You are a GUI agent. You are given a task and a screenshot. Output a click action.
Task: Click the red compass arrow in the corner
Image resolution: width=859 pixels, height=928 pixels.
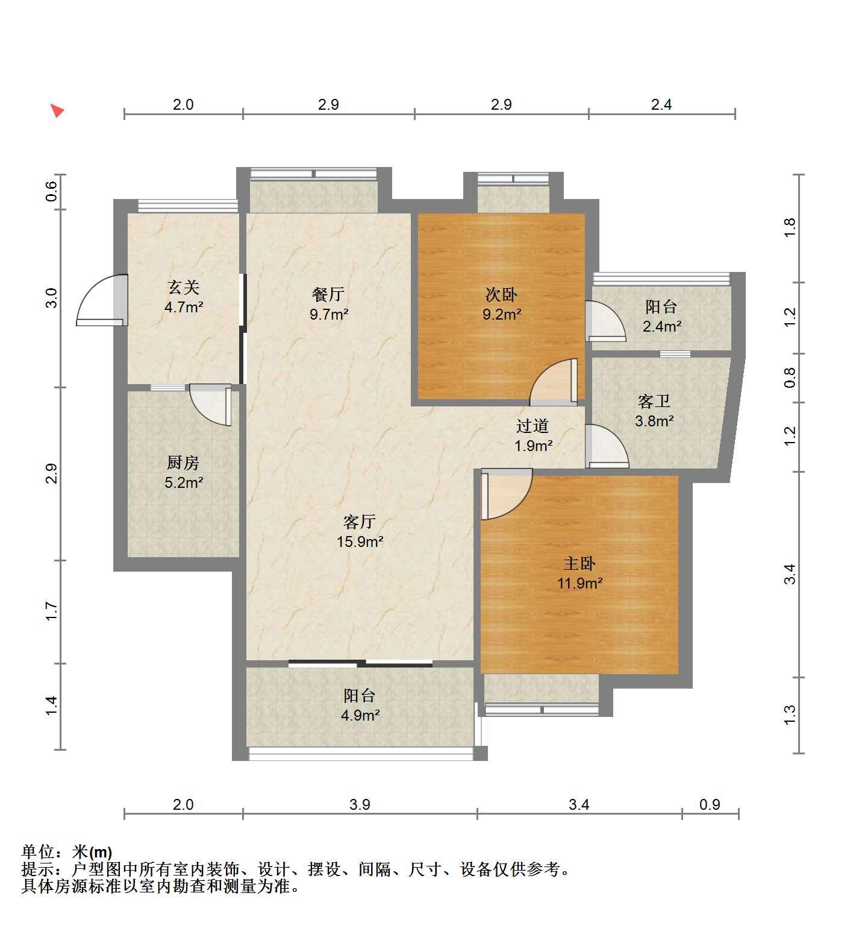tap(57, 110)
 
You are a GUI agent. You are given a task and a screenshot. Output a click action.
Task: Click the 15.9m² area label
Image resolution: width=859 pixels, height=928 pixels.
tap(360, 541)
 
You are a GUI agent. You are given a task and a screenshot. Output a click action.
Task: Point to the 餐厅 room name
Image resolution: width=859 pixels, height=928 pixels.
tap(328, 294)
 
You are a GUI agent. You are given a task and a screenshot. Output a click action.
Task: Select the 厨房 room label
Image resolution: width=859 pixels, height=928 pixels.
tap(183, 462)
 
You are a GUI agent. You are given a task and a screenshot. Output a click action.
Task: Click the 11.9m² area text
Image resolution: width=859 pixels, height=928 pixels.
tap(579, 583)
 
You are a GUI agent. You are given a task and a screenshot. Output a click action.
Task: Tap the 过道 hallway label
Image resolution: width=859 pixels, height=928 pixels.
tap(533, 426)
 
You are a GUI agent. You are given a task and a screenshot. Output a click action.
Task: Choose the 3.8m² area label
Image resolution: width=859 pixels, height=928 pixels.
tap(654, 421)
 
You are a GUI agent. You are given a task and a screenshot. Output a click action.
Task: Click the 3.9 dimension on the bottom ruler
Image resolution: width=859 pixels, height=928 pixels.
tap(360, 804)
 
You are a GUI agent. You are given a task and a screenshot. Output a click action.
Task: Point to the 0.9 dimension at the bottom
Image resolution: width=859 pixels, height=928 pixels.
tap(710, 804)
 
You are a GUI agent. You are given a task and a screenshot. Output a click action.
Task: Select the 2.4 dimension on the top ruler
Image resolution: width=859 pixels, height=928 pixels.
tap(661, 104)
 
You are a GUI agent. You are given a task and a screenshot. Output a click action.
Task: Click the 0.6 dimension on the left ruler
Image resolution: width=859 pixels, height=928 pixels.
tap(51, 191)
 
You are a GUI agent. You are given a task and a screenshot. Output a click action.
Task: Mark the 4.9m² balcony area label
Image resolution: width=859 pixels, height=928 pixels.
tap(360, 716)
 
